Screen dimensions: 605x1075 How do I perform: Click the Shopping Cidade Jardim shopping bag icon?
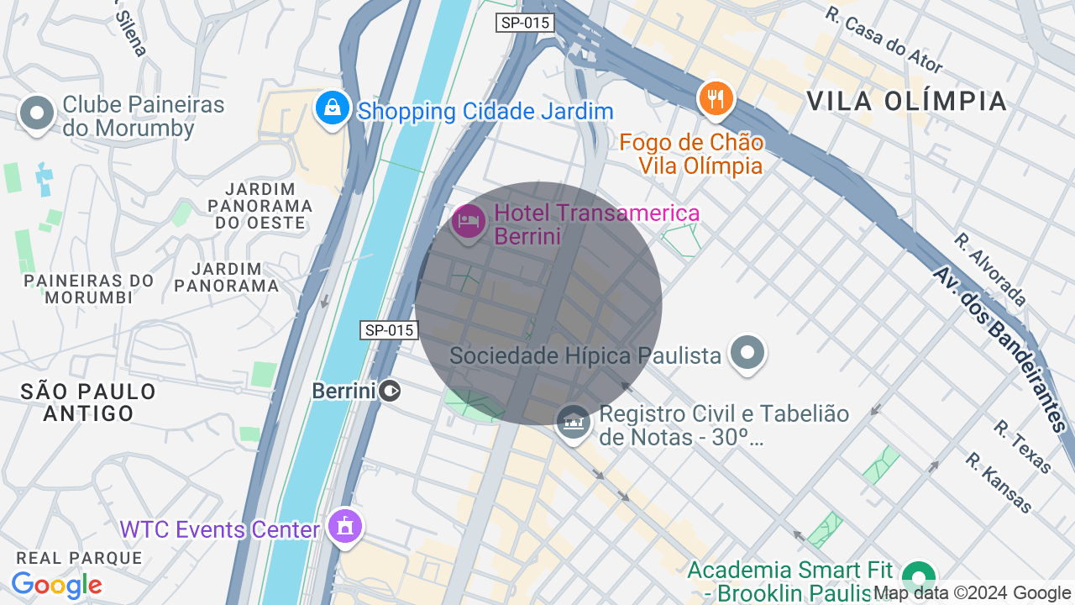point(333,108)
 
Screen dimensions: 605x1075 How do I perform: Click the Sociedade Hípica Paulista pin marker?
point(747,353)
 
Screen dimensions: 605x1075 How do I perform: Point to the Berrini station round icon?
point(390,391)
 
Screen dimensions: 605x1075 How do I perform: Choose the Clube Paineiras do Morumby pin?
point(36,113)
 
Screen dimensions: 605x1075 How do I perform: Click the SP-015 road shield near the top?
point(525,23)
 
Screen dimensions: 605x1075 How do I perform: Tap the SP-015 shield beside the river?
point(389,330)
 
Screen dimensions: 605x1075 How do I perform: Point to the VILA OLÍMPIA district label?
point(906,101)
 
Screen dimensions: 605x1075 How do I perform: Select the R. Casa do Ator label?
point(884,40)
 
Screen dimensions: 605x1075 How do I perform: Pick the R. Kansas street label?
point(998,483)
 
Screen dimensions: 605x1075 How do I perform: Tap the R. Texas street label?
point(1022,446)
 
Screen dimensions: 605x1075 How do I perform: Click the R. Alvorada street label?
point(989,270)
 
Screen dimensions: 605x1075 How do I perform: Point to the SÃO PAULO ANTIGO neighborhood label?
point(88,402)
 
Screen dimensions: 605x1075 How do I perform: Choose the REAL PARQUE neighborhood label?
point(80,558)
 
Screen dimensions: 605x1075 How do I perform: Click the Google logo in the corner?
point(56,585)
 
